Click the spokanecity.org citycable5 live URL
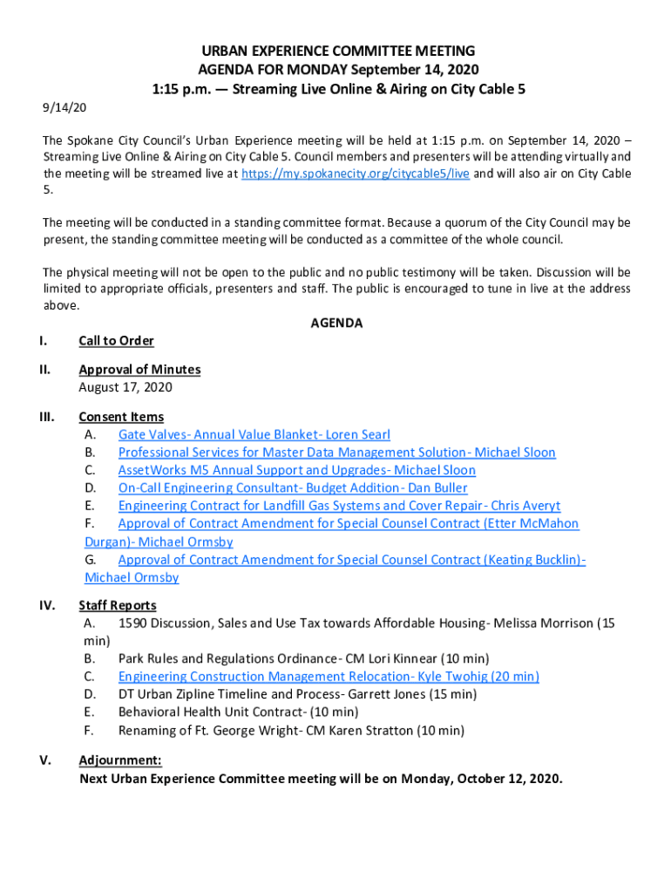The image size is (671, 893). [356, 174]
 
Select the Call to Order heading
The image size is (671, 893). [116, 340]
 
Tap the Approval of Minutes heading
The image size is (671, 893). [139, 369]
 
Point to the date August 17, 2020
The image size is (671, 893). [125, 387]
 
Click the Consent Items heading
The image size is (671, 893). [121, 417]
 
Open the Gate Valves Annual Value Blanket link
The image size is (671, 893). [254, 434]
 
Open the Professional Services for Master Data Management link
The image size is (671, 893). [336, 453]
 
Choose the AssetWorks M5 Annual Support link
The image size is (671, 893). [297, 470]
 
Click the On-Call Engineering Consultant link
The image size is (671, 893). [293, 488]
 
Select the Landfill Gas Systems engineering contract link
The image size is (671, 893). [339, 506]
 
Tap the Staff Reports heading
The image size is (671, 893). [118, 605]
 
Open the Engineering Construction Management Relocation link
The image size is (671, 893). [329, 677]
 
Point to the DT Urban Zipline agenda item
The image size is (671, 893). [297, 694]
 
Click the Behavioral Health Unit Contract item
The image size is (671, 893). [238, 712]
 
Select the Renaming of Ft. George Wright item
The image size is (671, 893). [291, 730]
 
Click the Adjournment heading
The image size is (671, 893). [120, 760]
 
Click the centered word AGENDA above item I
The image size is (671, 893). [336, 323]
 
